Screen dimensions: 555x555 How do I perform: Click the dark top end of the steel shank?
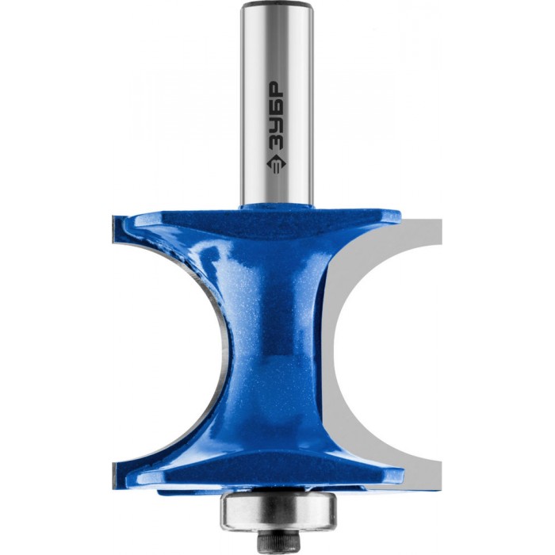click(277, 4)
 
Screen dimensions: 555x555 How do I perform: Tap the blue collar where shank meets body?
click(277, 207)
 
